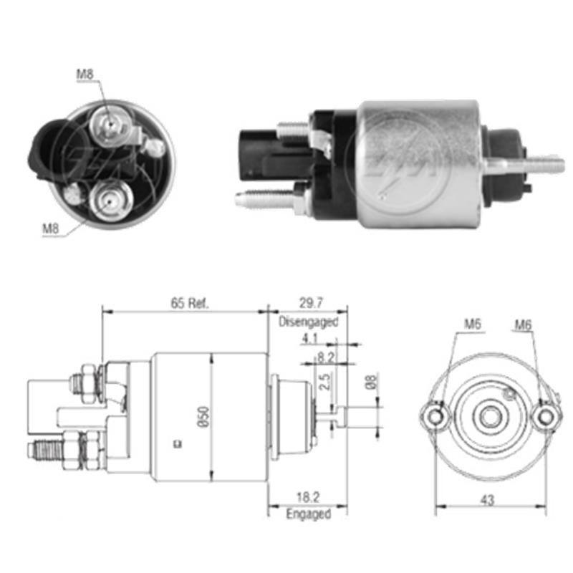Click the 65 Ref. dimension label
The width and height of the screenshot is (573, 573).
pos(189,303)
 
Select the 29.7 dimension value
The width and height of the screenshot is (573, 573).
pos(308,303)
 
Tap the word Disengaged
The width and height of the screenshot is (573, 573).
pos(308,322)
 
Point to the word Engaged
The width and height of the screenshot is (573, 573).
pos(308,514)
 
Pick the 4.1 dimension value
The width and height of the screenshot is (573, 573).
pos(309,338)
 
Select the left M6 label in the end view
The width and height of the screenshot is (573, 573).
pos(471,324)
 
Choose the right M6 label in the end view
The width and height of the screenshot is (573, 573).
pos(523,324)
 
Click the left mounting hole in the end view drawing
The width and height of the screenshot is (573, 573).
pos(435,415)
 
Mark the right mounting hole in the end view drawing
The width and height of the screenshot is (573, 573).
pos(546,415)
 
